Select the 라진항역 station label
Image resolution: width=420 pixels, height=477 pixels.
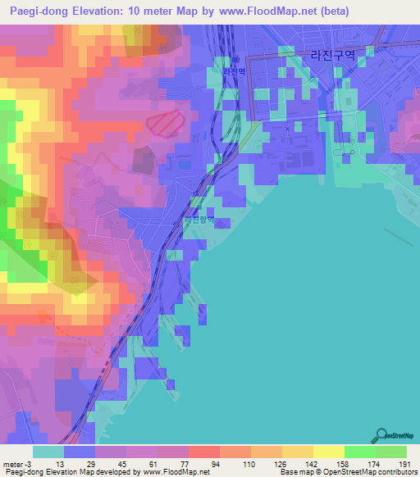(198, 220)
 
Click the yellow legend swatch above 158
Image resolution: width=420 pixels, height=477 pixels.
(328, 452)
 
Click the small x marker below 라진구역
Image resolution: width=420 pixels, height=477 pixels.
(287, 129)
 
